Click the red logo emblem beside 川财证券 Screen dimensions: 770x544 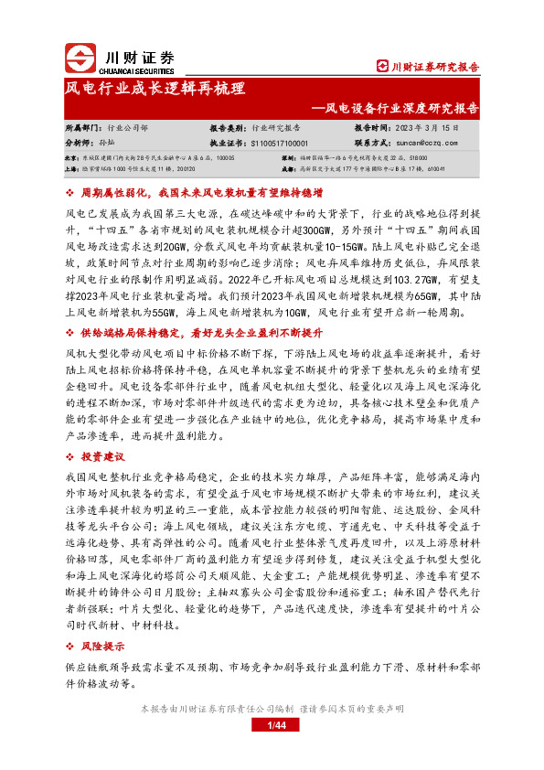click(x=81, y=59)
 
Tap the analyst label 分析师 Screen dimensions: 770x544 click(x=79, y=144)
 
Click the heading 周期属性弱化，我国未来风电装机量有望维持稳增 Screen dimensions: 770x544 click(x=202, y=195)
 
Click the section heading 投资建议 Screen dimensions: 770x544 click(x=102, y=455)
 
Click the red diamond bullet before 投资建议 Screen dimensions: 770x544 click(x=71, y=455)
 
